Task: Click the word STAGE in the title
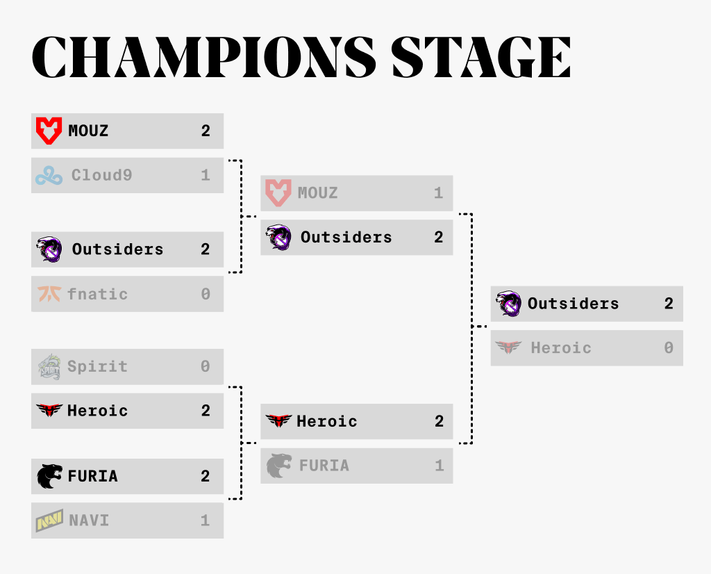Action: pos(480,57)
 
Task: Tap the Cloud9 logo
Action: pos(49,176)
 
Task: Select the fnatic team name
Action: pos(97,294)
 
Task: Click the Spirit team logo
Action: pos(49,367)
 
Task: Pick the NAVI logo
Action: pos(49,520)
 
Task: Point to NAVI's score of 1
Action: pos(206,520)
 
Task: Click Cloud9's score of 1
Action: pos(206,175)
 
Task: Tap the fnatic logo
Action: pos(49,294)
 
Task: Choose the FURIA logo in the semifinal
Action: pos(278,466)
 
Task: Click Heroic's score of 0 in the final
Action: pos(669,348)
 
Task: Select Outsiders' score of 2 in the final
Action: pos(669,304)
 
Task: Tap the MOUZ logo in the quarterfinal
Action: pos(49,131)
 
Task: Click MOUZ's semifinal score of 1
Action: pos(438,193)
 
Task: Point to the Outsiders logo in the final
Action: pos(508,303)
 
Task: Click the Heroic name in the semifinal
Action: pos(327,421)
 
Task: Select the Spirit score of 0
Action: pos(206,366)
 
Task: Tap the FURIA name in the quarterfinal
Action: pos(93,476)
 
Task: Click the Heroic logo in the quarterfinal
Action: pos(49,410)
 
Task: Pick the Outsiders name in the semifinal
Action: pos(346,238)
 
